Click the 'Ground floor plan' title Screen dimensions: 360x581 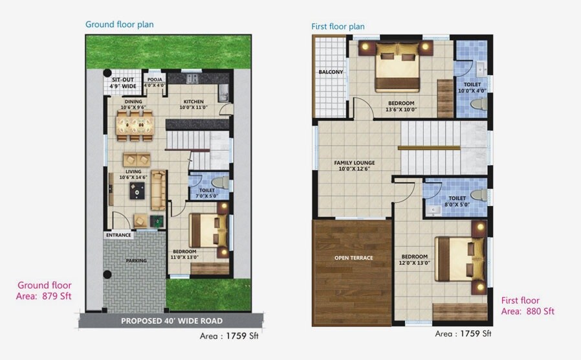[120, 25]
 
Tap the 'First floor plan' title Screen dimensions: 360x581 [338, 27]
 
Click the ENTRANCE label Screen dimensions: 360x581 [118, 235]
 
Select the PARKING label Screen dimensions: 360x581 [136, 261]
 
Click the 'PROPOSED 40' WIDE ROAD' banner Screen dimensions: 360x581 [171, 321]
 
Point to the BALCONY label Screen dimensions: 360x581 [330, 72]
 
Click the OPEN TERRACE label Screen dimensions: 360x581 [353, 258]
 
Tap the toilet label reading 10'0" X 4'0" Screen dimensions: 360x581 [472, 88]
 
